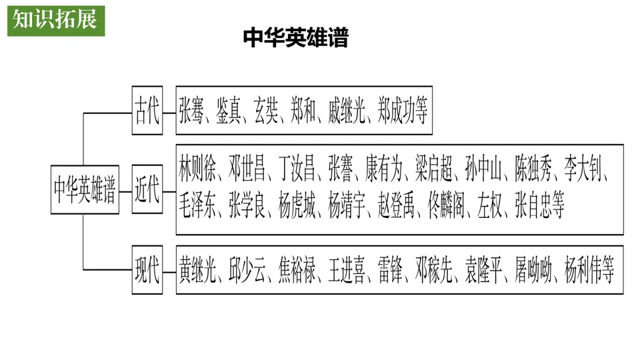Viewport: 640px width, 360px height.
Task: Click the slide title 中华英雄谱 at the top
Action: tap(295, 38)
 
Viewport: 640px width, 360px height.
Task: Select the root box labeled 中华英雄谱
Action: tap(85, 189)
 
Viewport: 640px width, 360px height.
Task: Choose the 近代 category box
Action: tap(147, 189)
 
